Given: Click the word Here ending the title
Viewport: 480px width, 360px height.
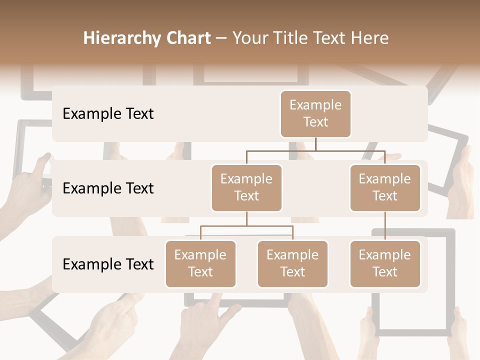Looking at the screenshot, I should click(x=369, y=38).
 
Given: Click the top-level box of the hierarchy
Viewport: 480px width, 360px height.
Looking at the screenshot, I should click(x=315, y=113).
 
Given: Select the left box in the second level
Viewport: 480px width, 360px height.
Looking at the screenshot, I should click(x=246, y=187).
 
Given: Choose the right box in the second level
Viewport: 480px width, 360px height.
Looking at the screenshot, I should click(x=385, y=187).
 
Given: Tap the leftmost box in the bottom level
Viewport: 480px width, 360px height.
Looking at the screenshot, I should click(x=200, y=263).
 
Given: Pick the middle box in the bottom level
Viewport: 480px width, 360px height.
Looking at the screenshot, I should click(x=292, y=263).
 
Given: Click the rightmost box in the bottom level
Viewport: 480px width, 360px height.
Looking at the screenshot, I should click(x=385, y=263).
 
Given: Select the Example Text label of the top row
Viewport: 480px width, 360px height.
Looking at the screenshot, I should click(x=108, y=113).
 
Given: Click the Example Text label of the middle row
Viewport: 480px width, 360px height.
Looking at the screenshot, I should click(x=108, y=188).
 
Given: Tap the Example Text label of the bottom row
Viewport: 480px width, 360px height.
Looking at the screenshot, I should click(x=108, y=264).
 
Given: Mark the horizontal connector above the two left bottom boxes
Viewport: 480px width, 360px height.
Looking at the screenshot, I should click(x=246, y=226).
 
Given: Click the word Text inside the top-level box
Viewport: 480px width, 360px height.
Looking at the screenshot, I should click(x=315, y=122).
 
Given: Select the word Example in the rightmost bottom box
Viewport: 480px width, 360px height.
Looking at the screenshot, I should click(x=385, y=255).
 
